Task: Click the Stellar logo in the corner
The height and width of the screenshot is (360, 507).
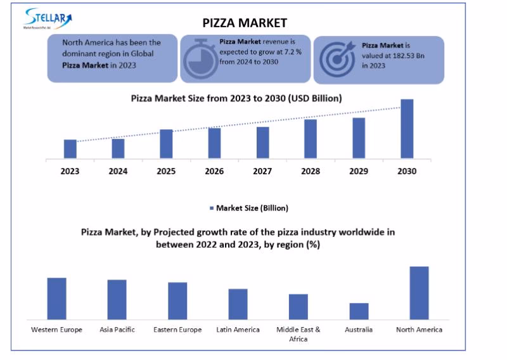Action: pyautogui.click(x=48, y=18)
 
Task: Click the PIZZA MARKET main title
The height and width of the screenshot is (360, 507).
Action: pyautogui.click(x=245, y=23)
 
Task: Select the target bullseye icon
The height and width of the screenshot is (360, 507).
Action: pyautogui.click(x=337, y=60)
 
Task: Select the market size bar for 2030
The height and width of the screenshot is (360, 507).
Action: pyautogui.click(x=407, y=129)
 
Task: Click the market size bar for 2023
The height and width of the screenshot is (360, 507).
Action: pyautogui.click(x=70, y=149)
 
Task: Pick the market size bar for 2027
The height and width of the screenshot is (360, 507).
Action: pyautogui.click(x=262, y=143)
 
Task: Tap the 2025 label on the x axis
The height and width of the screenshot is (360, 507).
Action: pyautogui.click(x=166, y=171)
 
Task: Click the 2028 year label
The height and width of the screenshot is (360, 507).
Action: pyautogui.click(x=311, y=171)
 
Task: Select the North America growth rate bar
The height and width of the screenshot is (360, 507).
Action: pyautogui.click(x=419, y=293)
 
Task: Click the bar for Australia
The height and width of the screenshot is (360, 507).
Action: pyautogui.click(x=359, y=311)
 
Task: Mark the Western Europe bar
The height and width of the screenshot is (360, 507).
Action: pyautogui.click(x=56, y=299)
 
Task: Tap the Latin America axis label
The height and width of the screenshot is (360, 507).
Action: pyautogui.click(x=238, y=330)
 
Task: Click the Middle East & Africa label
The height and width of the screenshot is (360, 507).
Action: pyautogui.click(x=298, y=334)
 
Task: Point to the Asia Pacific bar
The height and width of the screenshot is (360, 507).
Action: pyautogui.click(x=117, y=299)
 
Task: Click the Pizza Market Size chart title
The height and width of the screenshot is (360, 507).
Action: pyautogui.click(x=236, y=98)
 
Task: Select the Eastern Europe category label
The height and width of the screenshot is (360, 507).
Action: pyautogui.click(x=177, y=330)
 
